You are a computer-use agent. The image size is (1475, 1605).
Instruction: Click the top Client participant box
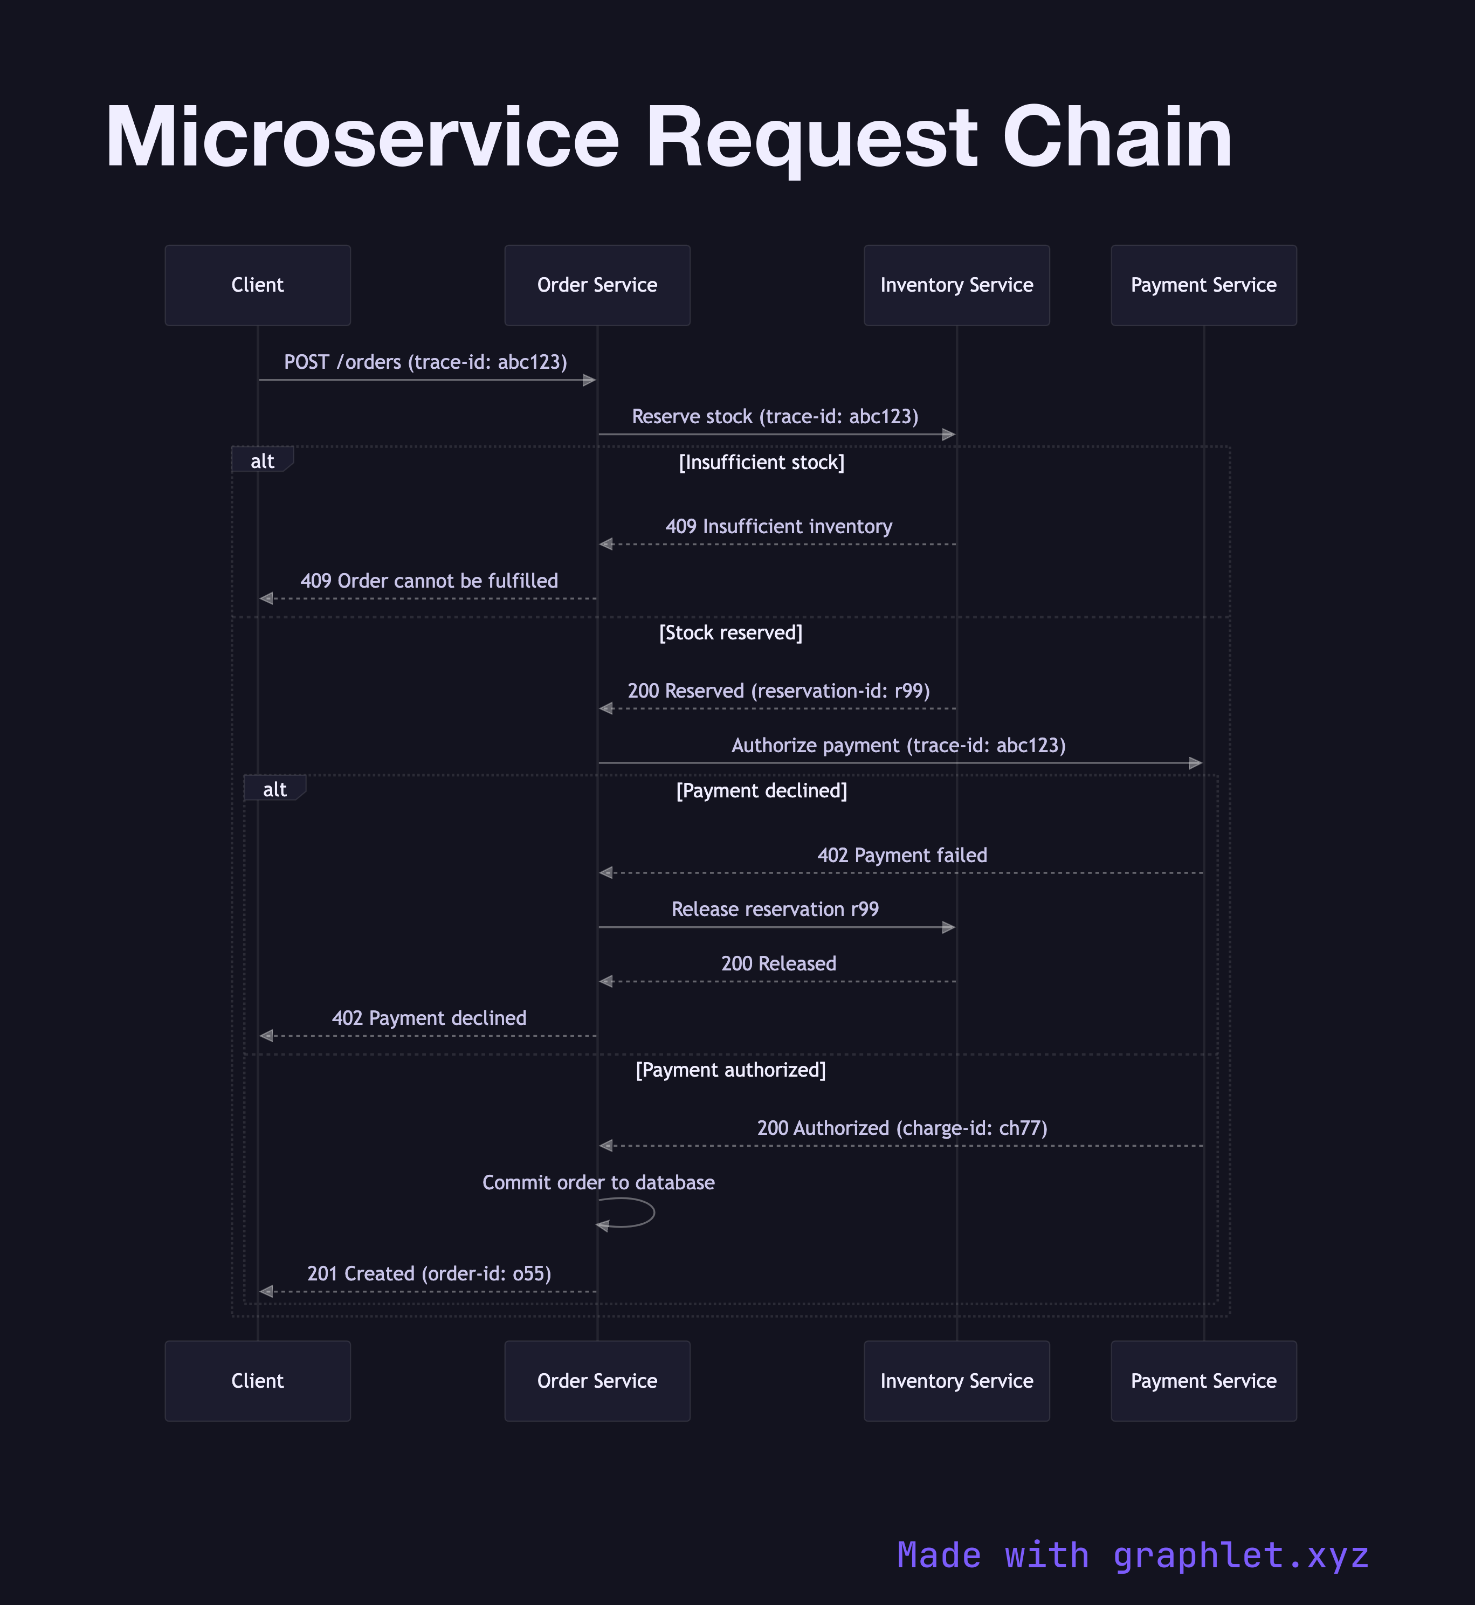pyautogui.click(x=257, y=285)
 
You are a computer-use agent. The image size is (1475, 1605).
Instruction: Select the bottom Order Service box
pyautogui.click(x=597, y=1381)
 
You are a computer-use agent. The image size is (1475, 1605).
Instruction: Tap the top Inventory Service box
pyautogui.click(x=956, y=285)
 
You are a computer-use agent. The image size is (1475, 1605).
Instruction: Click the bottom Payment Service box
pyautogui.click(x=1204, y=1381)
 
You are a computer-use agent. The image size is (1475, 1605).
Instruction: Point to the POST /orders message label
pyautogui.click(x=425, y=362)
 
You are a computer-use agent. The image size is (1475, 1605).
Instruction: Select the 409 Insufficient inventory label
pyautogui.click(x=778, y=527)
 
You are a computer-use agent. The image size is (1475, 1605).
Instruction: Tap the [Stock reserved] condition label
pyautogui.click(x=730, y=633)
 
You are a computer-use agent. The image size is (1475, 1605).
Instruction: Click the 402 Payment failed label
pyautogui.click(x=902, y=856)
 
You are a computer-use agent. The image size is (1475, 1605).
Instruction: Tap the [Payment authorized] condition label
pyautogui.click(x=730, y=1070)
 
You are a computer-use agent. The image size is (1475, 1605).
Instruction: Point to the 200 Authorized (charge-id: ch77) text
pyautogui.click(x=902, y=1128)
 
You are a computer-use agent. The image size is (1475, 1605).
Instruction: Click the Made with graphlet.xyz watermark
pyautogui.click(x=1133, y=1555)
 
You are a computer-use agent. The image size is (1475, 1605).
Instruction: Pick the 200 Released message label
pyautogui.click(x=778, y=963)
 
